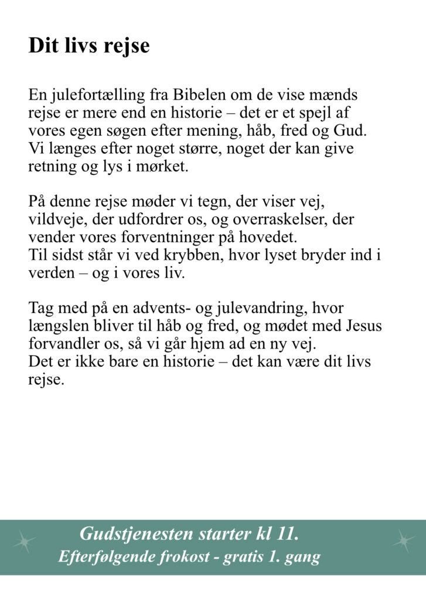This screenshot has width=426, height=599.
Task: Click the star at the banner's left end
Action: pos(24,542)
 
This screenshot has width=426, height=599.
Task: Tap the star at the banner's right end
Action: pos(403,541)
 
